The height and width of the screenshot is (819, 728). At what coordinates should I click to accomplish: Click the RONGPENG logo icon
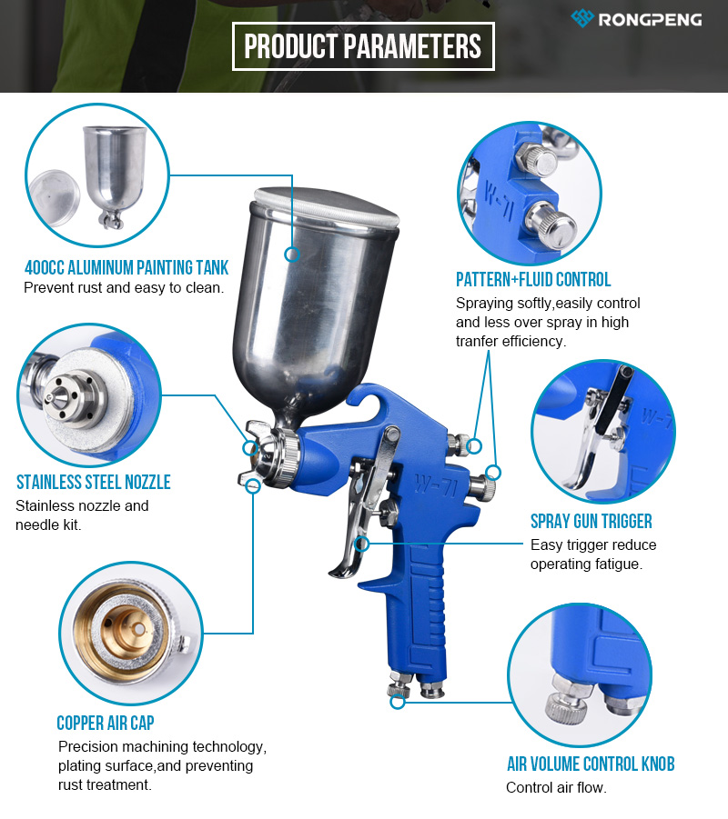coord(582,18)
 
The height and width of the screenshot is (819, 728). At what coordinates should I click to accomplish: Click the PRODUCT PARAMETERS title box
coord(363,46)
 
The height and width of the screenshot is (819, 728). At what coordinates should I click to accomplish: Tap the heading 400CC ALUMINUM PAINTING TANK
coord(126,267)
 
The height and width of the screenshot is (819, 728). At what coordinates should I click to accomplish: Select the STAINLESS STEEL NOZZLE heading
coord(94,482)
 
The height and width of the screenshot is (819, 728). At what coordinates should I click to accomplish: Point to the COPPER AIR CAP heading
coord(106,723)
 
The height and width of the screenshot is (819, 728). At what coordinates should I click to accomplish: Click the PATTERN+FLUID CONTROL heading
coord(533,279)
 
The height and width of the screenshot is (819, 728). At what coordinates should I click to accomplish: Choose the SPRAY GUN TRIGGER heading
coord(591,521)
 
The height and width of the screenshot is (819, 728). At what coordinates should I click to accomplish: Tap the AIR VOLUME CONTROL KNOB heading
coord(591,764)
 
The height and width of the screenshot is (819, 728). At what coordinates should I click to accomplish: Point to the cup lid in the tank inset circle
coord(55,197)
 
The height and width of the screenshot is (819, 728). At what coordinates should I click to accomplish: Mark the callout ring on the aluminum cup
coord(292,255)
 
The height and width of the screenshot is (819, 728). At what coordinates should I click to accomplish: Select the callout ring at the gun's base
coord(398,702)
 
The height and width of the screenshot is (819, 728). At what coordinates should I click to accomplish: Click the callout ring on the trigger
coord(361,544)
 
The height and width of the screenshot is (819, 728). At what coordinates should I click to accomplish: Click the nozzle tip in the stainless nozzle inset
coord(50,398)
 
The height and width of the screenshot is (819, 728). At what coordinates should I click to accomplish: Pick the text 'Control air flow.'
coord(556,787)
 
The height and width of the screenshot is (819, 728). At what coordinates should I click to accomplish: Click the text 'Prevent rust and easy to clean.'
coord(124,288)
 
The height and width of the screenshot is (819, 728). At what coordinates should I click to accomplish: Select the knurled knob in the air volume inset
coord(565,708)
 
